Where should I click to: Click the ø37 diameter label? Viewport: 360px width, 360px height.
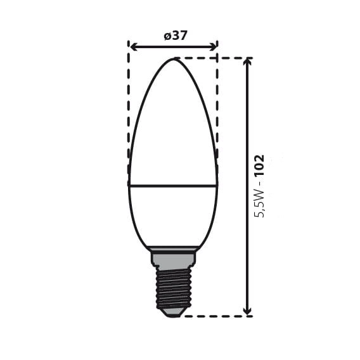click(176, 36)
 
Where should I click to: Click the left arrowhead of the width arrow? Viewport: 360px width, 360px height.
click(134, 47)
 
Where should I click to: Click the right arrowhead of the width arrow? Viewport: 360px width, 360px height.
click(213, 47)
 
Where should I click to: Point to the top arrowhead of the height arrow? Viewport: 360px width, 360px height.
click(247, 62)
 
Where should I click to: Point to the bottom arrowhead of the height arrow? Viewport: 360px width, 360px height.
click(247, 311)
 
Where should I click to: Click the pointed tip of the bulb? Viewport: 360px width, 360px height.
click(174, 59)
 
